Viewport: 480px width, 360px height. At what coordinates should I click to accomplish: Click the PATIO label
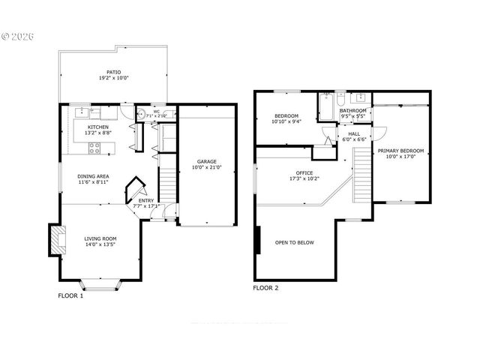(x=113, y=73)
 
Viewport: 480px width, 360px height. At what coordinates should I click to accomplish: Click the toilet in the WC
(x=142, y=115)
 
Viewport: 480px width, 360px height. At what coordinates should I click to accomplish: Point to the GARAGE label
(x=208, y=161)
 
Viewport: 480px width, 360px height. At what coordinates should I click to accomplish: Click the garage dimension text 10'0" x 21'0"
(x=208, y=168)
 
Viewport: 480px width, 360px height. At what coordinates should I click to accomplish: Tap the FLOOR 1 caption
(x=71, y=295)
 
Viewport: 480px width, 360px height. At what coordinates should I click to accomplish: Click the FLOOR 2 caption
(x=265, y=287)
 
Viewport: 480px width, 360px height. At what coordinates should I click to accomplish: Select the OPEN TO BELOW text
(x=294, y=242)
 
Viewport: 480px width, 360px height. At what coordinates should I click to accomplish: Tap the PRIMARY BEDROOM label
(x=400, y=151)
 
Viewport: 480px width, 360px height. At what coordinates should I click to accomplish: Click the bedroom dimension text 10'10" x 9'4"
(x=285, y=122)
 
